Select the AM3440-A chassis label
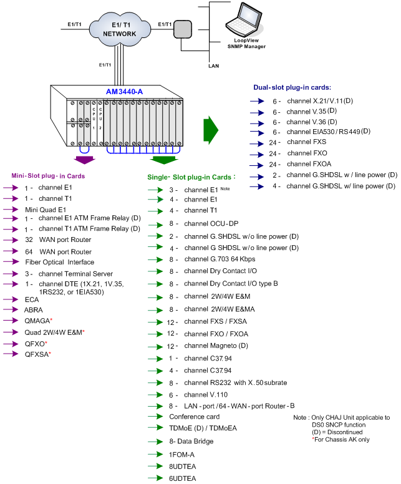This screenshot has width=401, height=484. (x=124, y=92)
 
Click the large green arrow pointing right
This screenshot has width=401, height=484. (x=210, y=129)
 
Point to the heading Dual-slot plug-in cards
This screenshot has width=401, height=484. (x=292, y=87)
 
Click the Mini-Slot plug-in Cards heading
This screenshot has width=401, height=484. (x=48, y=176)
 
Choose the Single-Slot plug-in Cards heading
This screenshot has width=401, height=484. (x=193, y=178)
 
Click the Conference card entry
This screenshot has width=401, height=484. (x=194, y=416)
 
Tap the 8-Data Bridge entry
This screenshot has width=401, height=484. (x=191, y=441)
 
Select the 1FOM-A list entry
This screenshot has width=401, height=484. (x=182, y=454)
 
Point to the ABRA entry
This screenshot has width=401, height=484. (x=34, y=309)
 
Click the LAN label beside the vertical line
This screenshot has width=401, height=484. (x=213, y=65)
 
